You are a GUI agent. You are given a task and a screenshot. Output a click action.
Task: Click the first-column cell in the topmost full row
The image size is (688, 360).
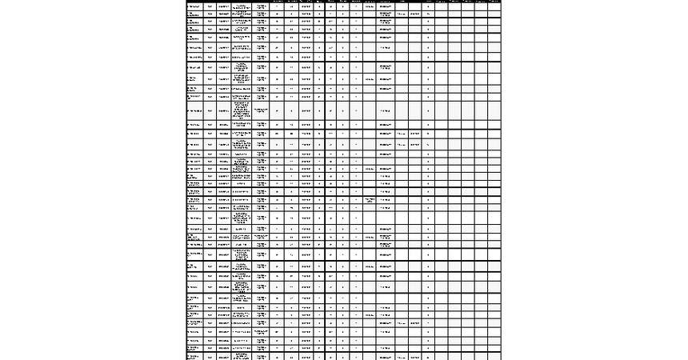[x=194, y=6]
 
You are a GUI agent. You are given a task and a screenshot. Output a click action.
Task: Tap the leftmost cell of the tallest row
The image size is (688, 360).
[x=194, y=110]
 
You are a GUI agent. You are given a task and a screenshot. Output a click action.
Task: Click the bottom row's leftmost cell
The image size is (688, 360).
[x=194, y=357]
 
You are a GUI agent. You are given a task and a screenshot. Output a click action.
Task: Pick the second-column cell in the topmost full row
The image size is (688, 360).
[x=210, y=6]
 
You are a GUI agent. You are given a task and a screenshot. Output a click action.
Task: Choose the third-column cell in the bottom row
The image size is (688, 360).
[x=224, y=357]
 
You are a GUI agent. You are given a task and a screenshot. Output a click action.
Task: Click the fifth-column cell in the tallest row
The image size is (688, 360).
[x=261, y=110]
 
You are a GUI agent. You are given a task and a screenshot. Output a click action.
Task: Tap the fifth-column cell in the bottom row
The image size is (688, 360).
[x=261, y=357]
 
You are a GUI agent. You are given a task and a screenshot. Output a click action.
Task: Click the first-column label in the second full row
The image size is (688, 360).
[x=194, y=15]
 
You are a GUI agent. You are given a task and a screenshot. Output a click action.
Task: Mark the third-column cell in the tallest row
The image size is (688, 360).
[x=224, y=110]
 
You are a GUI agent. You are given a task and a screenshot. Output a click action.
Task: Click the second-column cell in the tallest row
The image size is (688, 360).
[x=210, y=110]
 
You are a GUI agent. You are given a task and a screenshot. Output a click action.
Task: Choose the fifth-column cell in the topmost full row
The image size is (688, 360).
[x=261, y=6]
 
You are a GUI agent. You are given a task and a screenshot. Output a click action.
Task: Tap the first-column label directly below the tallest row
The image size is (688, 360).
[x=194, y=125]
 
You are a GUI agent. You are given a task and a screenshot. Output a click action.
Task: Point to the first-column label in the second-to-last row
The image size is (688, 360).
[x=194, y=348]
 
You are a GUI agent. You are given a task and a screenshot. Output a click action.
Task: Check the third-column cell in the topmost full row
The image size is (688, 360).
[x=224, y=6]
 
